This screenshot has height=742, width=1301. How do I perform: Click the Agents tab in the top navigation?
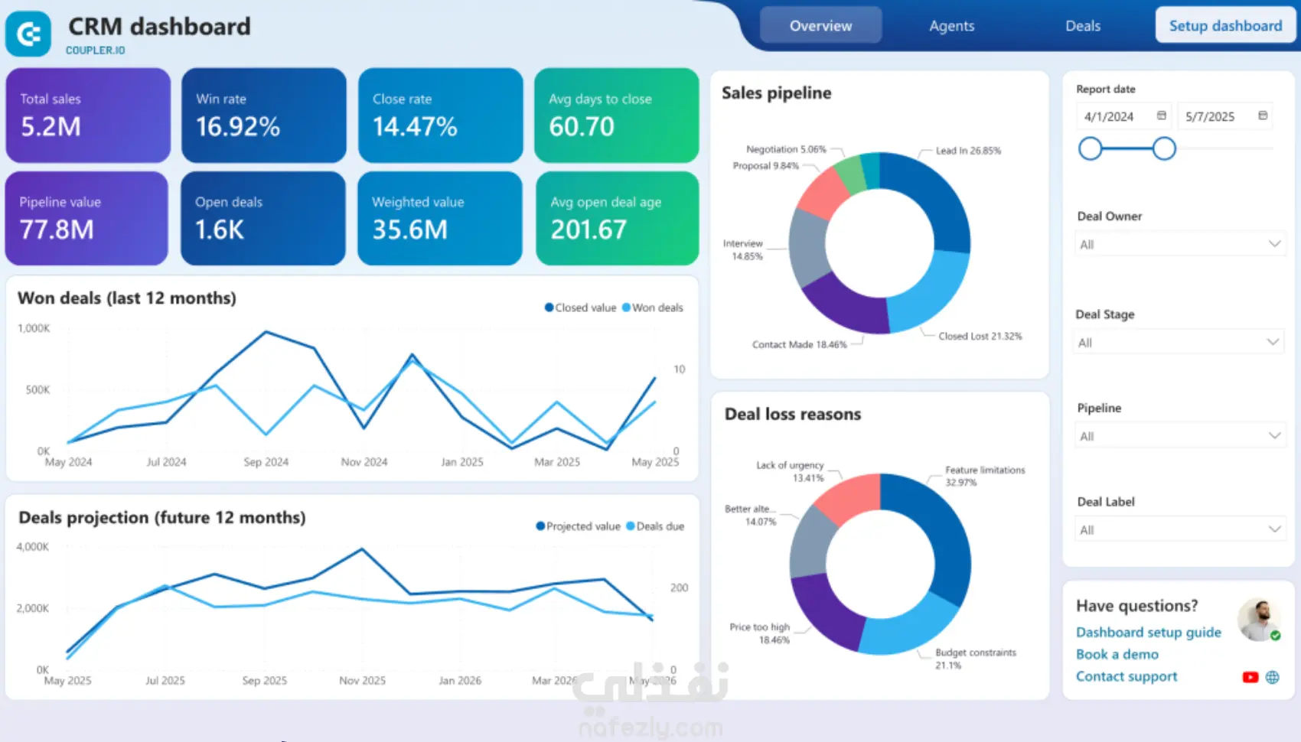[x=951, y=26]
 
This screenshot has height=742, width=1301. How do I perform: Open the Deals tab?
[x=1082, y=26]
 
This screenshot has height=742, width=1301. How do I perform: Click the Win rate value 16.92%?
[x=238, y=126]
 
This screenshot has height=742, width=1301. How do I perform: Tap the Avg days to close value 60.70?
[x=582, y=126]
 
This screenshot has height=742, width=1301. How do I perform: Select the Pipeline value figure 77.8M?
[x=57, y=229]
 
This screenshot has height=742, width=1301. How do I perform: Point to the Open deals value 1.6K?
[x=220, y=229]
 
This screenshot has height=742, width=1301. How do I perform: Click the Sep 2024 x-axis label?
[x=266, y=462]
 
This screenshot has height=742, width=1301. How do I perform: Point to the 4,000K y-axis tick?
[x=33, y=547]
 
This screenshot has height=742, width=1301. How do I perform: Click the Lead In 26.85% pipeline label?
[x=968, y=151]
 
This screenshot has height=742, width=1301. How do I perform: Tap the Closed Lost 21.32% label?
[x=980, y=337]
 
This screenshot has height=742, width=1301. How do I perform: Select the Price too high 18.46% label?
[x=760, y=633]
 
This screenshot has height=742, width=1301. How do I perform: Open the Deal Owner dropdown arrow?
[x=1274, y=244]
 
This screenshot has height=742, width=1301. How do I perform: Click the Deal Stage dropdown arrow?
[x=1273, y=342]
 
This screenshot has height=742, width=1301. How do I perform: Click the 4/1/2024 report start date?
[x=1109, y=116]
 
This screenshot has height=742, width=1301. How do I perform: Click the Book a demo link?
[x=1117, y=655]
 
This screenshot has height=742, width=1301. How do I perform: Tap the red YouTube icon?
[x=1250, y=677]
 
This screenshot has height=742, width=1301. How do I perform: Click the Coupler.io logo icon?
[x=28, y=34]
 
